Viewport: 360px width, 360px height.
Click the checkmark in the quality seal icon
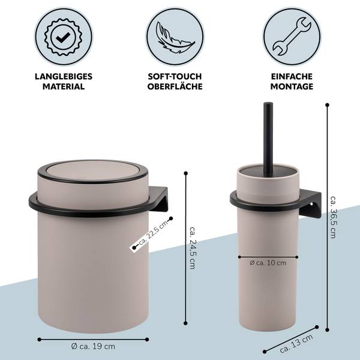pos(63,37)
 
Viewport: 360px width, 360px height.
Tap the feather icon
pos(175,37)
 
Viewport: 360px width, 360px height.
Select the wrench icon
pos(292,37)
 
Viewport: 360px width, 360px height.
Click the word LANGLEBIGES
pos(64,76)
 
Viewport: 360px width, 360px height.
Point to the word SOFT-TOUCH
pos(175,76)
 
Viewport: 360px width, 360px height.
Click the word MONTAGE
pos(292,86)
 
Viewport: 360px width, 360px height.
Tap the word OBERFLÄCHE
pos(175,86)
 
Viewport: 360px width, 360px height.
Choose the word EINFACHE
pos(292,76)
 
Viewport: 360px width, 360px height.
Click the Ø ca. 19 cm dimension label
pos(93,346)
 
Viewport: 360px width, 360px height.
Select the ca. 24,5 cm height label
pos(193,248)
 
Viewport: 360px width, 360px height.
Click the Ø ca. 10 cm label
pos(268,263)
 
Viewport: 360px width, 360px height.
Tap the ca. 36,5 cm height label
pos(334,217)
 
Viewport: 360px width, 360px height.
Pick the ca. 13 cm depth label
pos(296,344)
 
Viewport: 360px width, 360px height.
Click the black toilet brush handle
pos(268,138)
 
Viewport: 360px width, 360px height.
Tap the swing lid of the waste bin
pos(92,171)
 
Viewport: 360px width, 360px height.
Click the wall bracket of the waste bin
pos(158,199)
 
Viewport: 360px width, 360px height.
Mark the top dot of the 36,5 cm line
pos(328,105)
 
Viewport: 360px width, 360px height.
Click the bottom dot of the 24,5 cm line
pos(186,323)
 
